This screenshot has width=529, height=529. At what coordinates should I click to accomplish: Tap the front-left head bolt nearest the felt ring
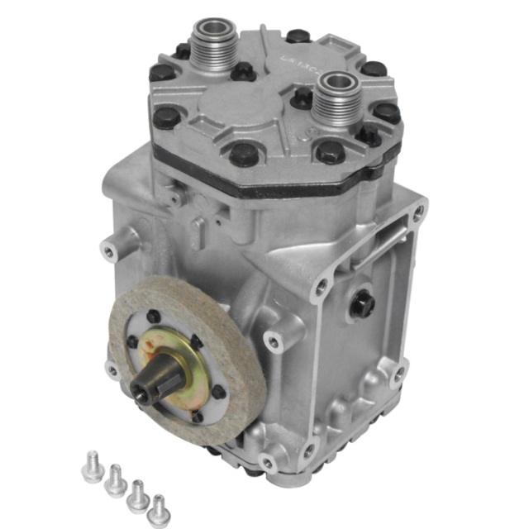click(x=165, y=115)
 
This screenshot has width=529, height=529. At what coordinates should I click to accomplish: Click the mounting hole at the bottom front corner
click(x=266, y=461)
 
